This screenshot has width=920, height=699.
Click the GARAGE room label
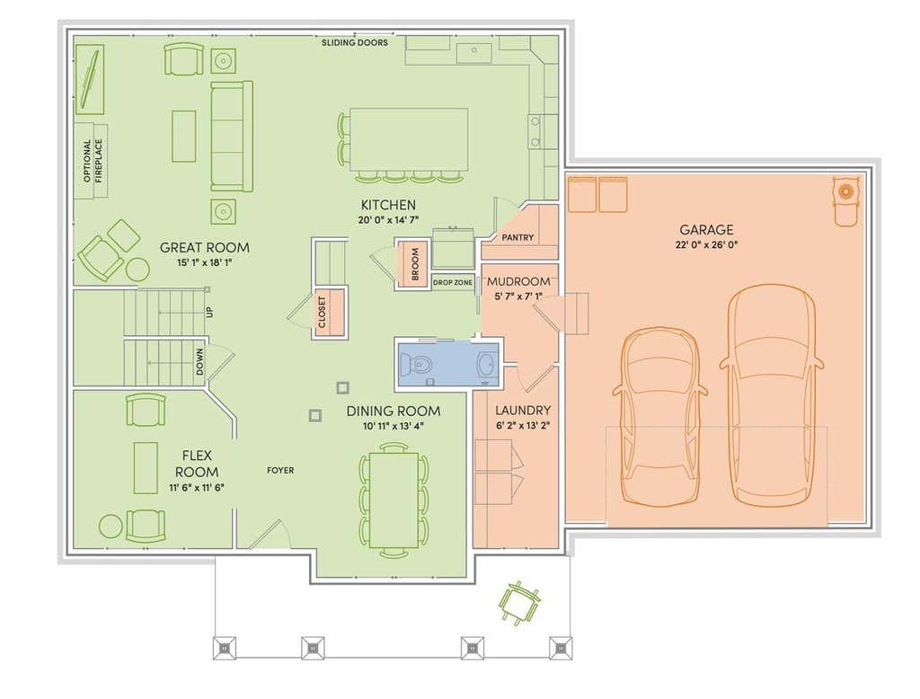click(x=706, y=229)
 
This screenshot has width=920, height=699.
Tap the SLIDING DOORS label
click(x=354, y=43)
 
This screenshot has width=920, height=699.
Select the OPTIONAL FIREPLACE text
click(x=93, y=160)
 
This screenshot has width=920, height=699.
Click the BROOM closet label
click(x=415, y=264)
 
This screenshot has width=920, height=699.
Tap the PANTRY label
click(x=518, y=238)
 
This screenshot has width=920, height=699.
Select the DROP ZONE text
click(x=453, y=282)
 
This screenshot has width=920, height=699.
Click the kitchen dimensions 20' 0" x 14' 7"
click(x=388, y=220)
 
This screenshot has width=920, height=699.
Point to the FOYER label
click(x=280, y=470)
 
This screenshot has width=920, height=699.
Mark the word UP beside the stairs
click(x=209, y=312)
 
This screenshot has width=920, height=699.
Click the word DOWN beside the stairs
click(x=200, y=362)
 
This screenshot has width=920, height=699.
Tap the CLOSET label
click(x=322, y=313)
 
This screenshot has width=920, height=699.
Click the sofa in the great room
click(x=231, y=137)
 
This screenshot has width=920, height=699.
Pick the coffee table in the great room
click(x=183, y=136)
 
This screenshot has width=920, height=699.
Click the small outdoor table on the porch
click(x=518, y=602)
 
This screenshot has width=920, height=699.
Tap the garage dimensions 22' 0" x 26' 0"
click(x=706, y=244)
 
